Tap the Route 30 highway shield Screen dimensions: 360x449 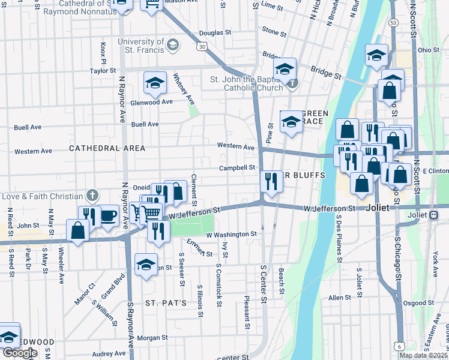point(202,46)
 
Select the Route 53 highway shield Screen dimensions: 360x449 point(393,22)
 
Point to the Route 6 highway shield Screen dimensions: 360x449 point(400,346)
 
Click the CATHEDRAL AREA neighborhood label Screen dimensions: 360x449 point(107,148)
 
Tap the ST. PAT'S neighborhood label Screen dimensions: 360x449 point(166,302)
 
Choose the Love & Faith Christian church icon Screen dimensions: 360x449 point(92,196)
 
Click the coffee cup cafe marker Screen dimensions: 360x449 point(108,217)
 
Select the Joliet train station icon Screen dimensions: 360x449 point(433,215)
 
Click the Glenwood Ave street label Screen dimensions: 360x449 point(152,102)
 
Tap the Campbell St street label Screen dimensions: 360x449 point(237,168)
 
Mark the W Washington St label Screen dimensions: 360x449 point(232,234)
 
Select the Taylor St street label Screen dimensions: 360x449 point(103,71)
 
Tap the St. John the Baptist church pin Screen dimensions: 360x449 point(292,83)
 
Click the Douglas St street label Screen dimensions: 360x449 point(215,32)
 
